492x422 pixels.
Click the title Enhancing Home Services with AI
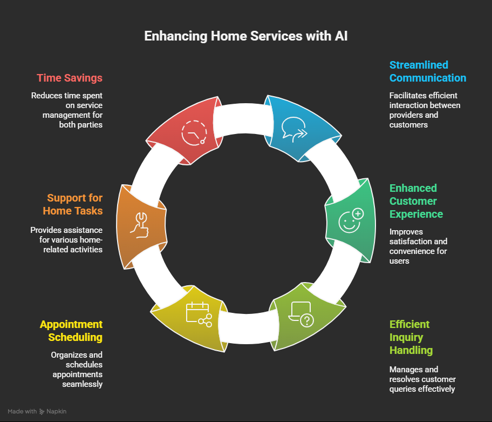click(245, 37)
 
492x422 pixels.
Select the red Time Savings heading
click(70, 78)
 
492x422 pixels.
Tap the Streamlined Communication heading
click(427, 71)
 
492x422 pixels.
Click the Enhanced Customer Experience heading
click(416, 201)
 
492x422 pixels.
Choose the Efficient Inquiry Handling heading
click(411, 337)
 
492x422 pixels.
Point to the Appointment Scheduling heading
click(71, 331)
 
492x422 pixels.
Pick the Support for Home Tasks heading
click(74, 204)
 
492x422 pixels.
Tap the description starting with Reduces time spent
click(67, 110)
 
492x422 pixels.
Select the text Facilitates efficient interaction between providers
click(425, 110)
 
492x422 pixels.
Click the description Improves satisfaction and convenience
click(418, 246)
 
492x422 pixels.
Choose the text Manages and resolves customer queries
click(422, 379)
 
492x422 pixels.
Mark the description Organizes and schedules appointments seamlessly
click(77, 370)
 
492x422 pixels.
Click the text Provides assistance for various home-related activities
click(66, 240)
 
